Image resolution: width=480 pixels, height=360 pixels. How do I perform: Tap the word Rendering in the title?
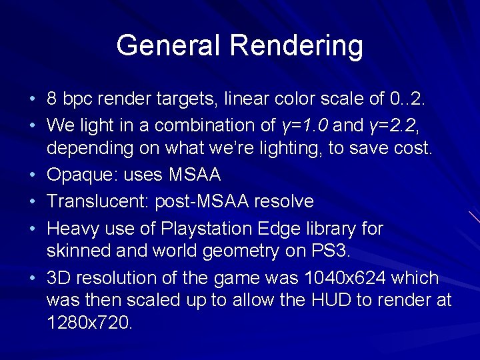(297, 46)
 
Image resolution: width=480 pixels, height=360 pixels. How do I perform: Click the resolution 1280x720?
(90, 323)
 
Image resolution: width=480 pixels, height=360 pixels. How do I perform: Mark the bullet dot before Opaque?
(33, 176)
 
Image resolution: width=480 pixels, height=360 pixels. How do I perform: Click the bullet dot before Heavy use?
(33, 229)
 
